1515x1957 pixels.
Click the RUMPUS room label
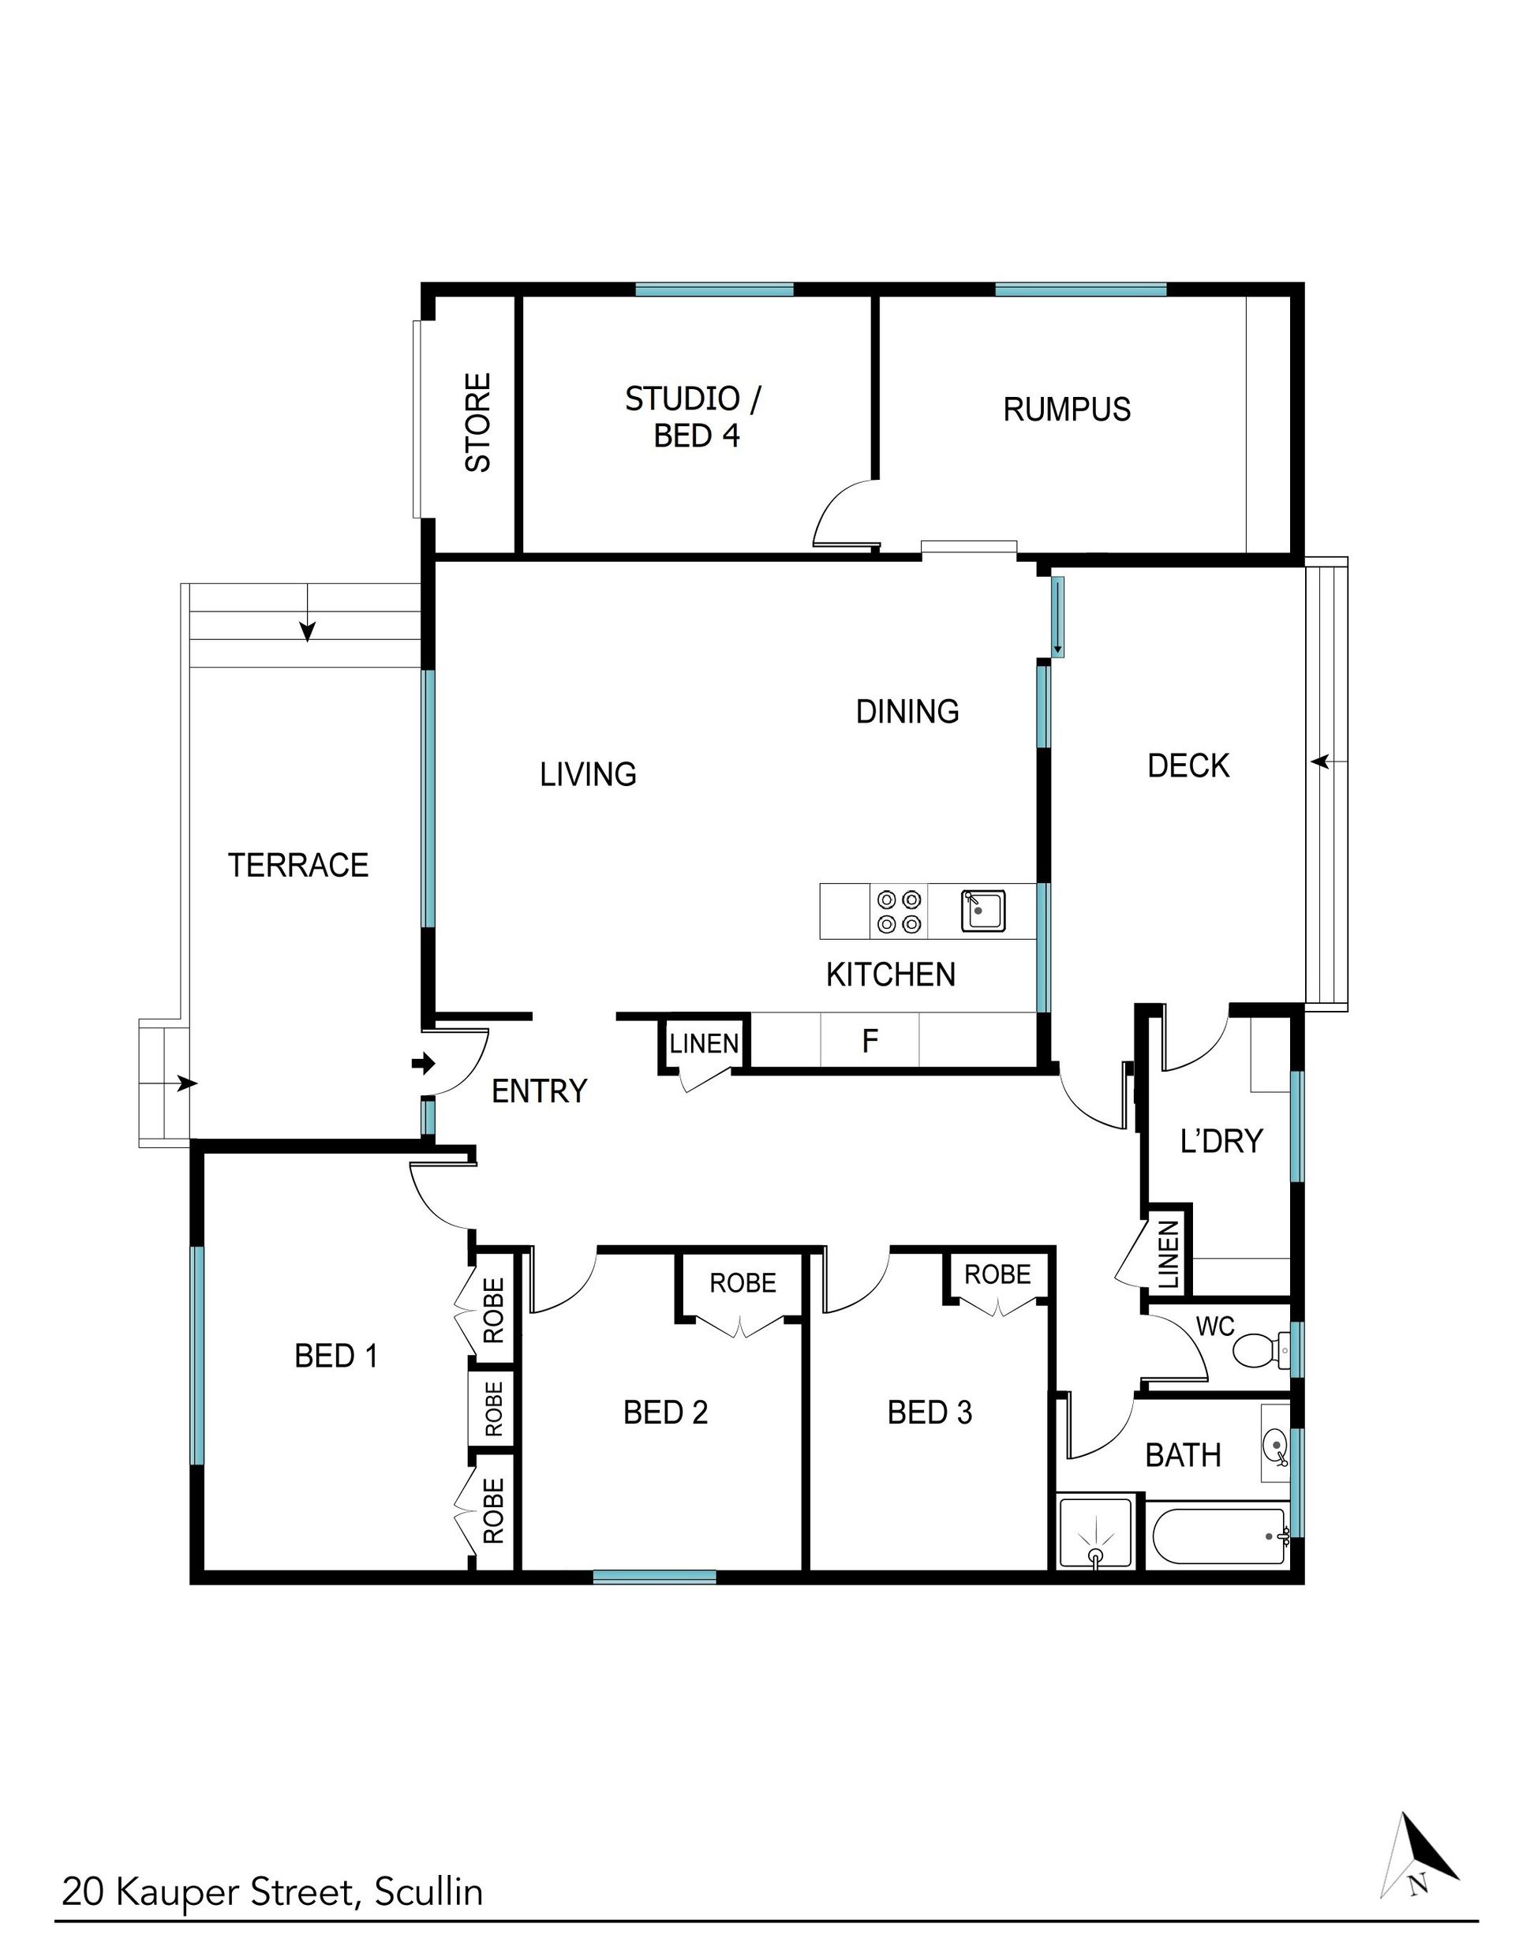[x=1066, y=410]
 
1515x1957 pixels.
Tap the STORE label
[x=478, y=423]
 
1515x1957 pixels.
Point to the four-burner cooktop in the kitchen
[x=899, y=911]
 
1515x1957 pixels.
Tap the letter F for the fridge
[x=869, y=1040]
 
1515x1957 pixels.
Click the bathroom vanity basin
[x=1275, y=1443]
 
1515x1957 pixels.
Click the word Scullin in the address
[x=428, y=1887]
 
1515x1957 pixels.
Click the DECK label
[x=1188, y=766]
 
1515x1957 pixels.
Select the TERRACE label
[x=298, y=865]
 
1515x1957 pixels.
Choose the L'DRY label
[x=1221, y=1141]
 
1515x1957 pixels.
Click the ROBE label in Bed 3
[x=997, y=1274]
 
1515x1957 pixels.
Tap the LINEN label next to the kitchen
[x=704, y=1043]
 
